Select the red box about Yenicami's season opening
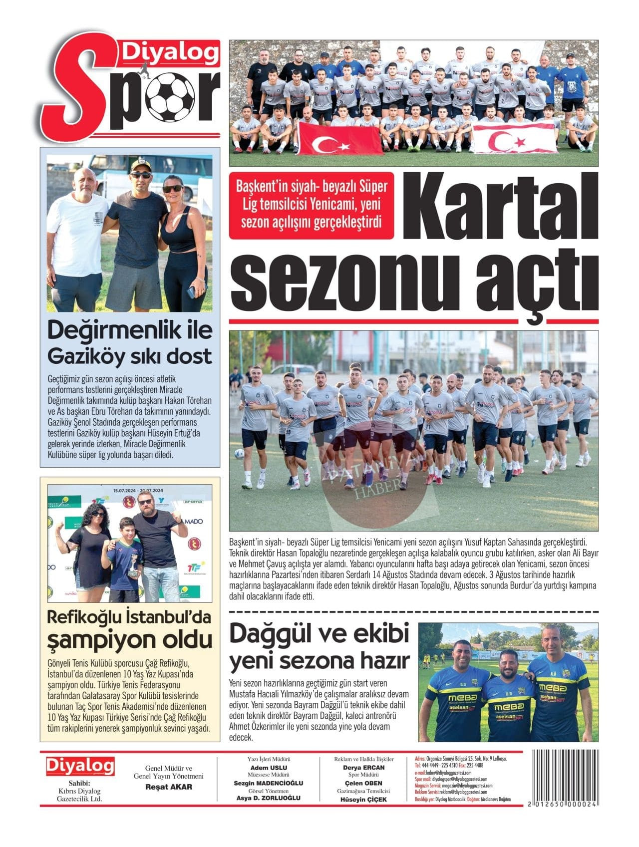[x=311, y=205]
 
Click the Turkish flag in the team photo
[x=338, y=139]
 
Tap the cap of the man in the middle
[x=140, y=165]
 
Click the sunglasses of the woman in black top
[x=173, y=188]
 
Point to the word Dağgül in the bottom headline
[x=276, y=634]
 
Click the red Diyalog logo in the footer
[x=80, y=767]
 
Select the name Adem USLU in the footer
[x=269, y=768]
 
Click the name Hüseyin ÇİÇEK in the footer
[x=363, y=799]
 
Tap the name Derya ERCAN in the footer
[x=363, y=768]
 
